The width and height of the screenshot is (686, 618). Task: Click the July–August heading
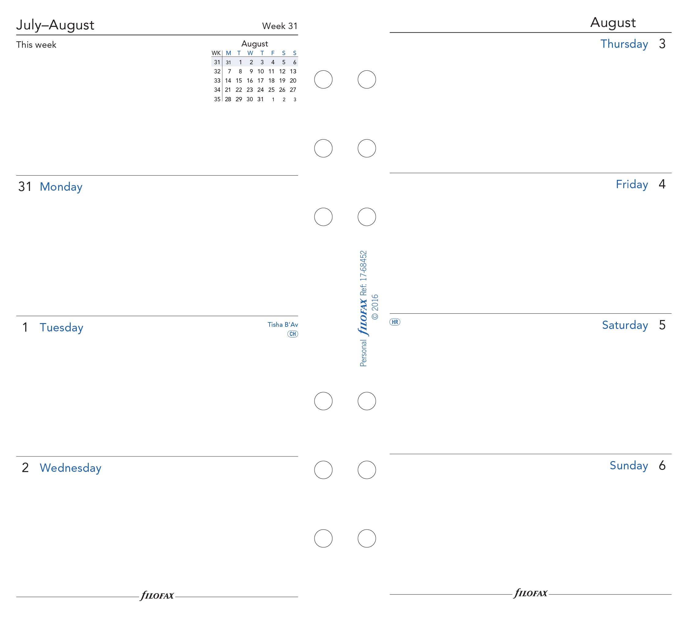(55, 25)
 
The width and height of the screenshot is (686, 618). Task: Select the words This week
(36, 45)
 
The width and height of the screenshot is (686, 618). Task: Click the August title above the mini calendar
(254, 44)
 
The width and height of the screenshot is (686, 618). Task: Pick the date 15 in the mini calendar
(239, 81)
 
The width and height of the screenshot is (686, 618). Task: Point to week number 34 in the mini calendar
(217, 90)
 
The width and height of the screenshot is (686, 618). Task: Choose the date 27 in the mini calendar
(293, 90)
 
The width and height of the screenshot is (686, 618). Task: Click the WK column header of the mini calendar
(216, 53)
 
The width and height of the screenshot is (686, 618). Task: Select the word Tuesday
(62, 328)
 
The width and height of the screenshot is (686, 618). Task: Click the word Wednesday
(70, 468)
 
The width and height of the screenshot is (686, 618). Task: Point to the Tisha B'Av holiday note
(282, 325)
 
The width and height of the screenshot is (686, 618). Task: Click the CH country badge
(293, 334)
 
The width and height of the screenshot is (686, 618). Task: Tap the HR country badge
(395, 322)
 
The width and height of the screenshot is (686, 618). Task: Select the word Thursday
(624, 44)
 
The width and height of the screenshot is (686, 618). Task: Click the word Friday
(632, 185)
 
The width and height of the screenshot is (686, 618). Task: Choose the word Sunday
(628, 466)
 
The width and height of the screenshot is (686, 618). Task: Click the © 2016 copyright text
(375, 307)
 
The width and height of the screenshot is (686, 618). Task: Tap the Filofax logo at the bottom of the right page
(531, 594)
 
